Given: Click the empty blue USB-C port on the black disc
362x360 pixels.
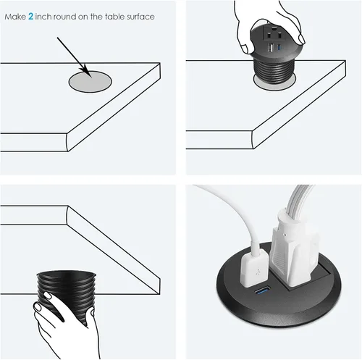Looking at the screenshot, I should pyautogui.click(x=260, y=293).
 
